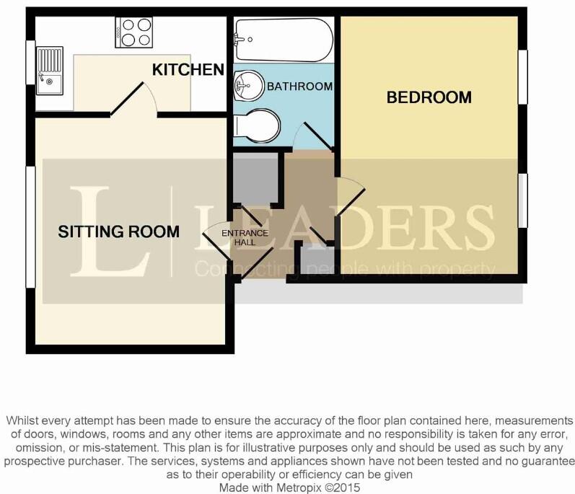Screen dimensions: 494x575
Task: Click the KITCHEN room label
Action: point(188,69)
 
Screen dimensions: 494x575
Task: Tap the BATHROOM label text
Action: point(299,87)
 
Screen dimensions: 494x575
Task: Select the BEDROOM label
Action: point(429,97)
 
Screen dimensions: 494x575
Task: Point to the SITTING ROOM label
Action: point(119,231)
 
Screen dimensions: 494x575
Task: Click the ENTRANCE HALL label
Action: point(245,238)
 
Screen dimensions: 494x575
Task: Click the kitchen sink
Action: point(51,69)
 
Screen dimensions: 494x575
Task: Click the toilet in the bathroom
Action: point(258,127)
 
